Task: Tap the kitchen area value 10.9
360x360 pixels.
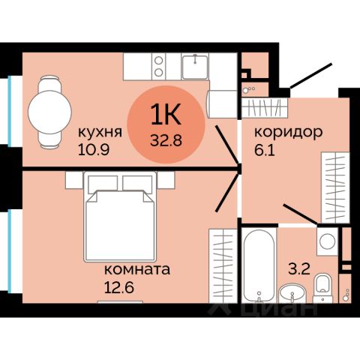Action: point(93,148)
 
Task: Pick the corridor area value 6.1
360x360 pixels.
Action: point(265,148)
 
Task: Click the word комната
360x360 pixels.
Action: point(136,268)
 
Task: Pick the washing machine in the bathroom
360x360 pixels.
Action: point(325,242)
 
